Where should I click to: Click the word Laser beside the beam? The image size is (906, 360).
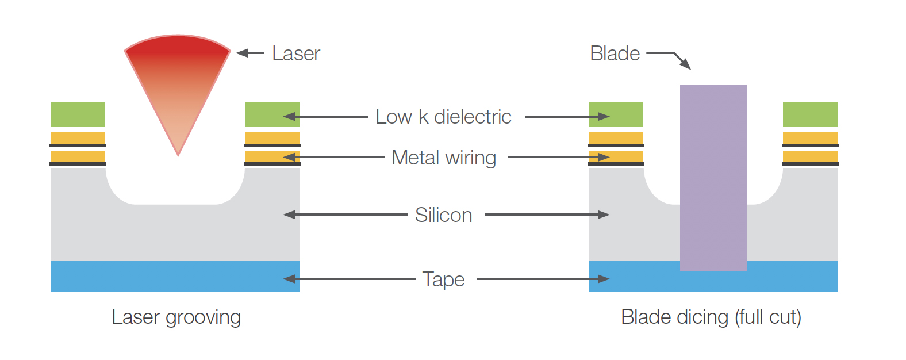295,53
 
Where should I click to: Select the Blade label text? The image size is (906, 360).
615,53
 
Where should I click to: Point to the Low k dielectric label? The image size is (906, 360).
443,117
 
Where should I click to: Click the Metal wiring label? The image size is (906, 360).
443,158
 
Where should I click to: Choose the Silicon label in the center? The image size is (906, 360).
443,215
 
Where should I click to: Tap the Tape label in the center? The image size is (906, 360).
443,279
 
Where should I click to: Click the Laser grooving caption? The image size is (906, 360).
176,317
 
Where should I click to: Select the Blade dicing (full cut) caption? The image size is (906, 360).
711,317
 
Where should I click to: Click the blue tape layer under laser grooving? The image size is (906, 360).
175,276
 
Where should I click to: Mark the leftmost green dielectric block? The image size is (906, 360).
78,114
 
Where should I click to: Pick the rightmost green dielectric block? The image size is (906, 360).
810,114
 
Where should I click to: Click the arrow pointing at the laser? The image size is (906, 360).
250,53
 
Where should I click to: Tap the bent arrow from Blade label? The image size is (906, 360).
670,56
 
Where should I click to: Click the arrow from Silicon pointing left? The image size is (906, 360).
345,215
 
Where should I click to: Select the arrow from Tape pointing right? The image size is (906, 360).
543,279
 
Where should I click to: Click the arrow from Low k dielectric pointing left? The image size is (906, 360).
325,117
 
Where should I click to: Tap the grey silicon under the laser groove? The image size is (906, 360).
175,230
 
